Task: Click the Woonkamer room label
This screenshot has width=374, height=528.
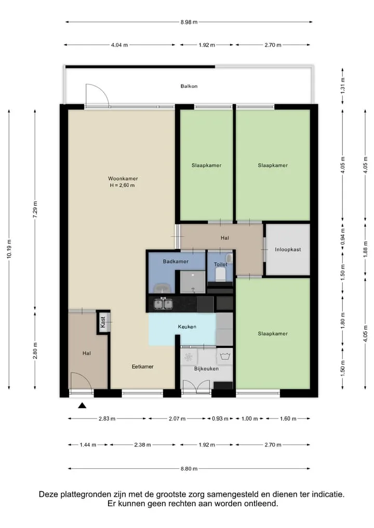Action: (123, 179)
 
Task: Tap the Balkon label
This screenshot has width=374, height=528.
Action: (189, 86)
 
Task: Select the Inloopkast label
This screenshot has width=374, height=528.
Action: (288, 250)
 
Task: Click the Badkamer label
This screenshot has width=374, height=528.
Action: (176, 261)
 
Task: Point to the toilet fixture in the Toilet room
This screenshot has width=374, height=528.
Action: (221, 274)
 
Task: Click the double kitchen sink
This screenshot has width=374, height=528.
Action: (164, 304)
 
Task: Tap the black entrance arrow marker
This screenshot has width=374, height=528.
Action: (82, 405)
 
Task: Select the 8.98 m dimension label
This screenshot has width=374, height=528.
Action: (189, 22)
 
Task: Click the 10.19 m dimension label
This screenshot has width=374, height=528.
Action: (9, 249)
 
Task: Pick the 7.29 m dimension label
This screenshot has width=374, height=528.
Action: (35, 209)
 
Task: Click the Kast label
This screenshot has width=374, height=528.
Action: (103, 322)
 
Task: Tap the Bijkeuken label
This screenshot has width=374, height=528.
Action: (206, 369)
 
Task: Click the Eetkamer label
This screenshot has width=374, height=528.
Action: (142, 367)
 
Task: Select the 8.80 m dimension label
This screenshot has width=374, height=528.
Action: (189, 469)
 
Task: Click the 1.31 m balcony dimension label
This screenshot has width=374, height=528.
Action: (343, 86)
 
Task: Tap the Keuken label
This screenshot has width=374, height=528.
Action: (187, 327)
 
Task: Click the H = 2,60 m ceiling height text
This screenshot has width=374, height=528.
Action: (122, 185)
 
